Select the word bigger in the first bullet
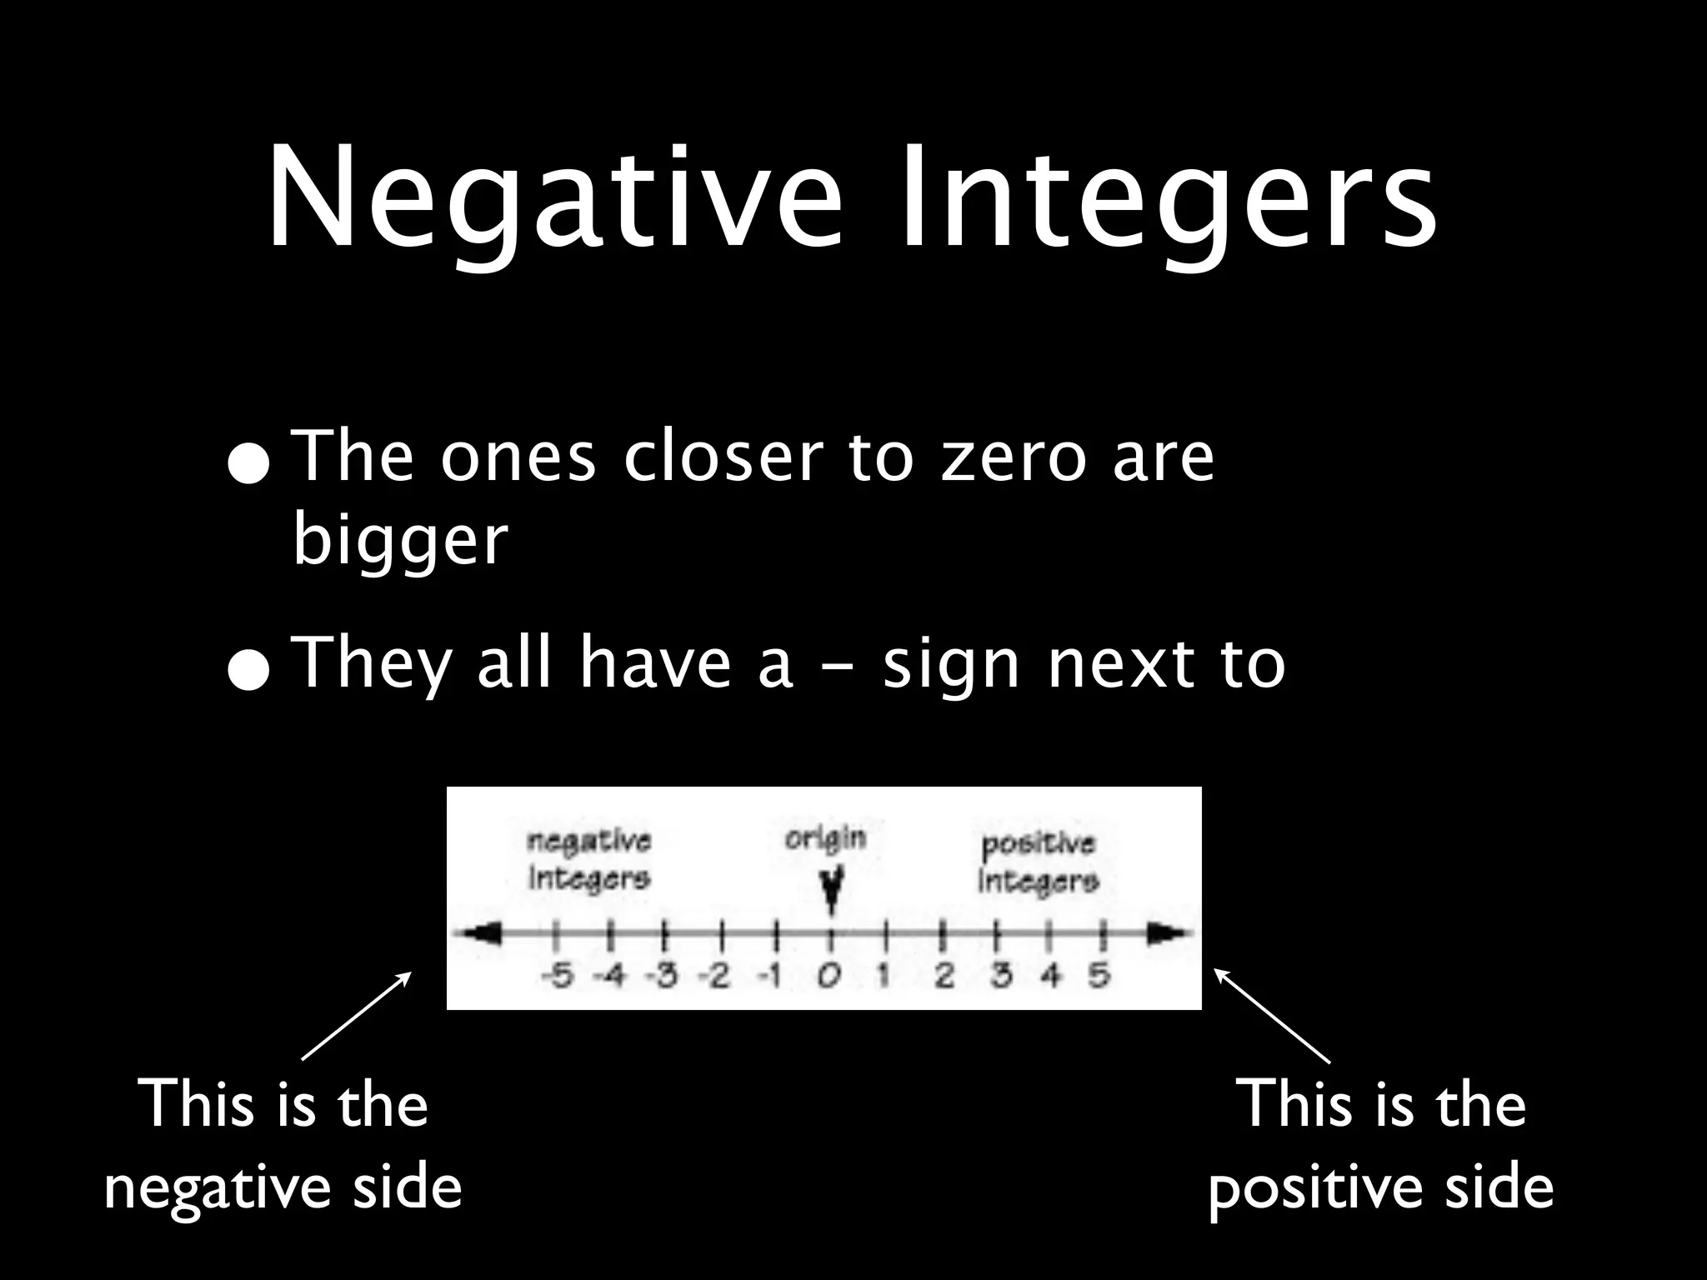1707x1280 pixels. [400, 542]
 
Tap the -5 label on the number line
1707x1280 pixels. [558, 975]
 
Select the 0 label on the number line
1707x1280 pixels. [828, 976]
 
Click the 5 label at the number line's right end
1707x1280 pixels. [1100, 975]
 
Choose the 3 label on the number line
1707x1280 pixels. [1000, 975]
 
